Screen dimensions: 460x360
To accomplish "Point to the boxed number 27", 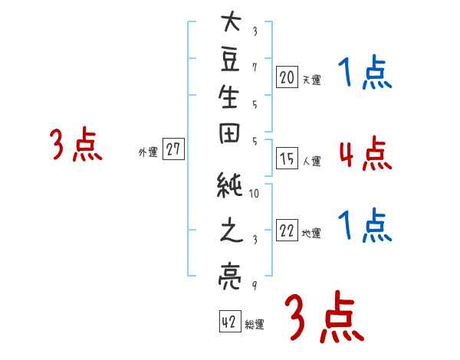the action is tap(173, 150).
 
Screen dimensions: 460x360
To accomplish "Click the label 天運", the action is tap(311, 79).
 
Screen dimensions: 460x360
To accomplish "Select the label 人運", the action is tap(311, 162).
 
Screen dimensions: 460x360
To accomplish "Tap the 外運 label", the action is tap(148, 152).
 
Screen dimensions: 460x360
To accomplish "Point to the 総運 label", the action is tap(254, 325).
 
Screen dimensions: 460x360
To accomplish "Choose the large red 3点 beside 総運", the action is tap(323, 316).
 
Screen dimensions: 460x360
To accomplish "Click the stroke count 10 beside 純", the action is tap(255, 193).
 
